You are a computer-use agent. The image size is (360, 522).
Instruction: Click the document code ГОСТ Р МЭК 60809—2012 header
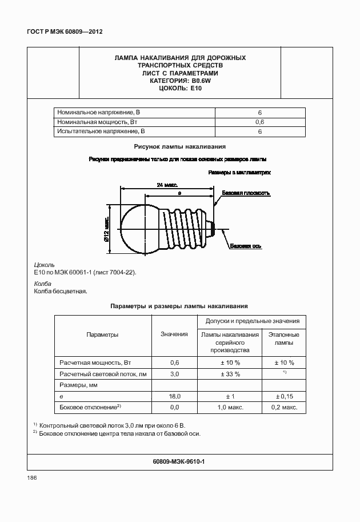61,32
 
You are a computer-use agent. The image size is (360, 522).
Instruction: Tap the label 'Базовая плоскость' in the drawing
246,193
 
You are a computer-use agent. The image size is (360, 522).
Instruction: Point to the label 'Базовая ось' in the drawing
246,246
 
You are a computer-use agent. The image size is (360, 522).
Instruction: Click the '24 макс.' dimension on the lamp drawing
167,185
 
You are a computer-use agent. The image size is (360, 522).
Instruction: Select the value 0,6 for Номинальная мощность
259,122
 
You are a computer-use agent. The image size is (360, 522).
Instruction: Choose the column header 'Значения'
174,334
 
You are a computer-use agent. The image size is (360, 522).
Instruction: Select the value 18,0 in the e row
174,396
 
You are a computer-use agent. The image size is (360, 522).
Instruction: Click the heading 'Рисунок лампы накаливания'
179,147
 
